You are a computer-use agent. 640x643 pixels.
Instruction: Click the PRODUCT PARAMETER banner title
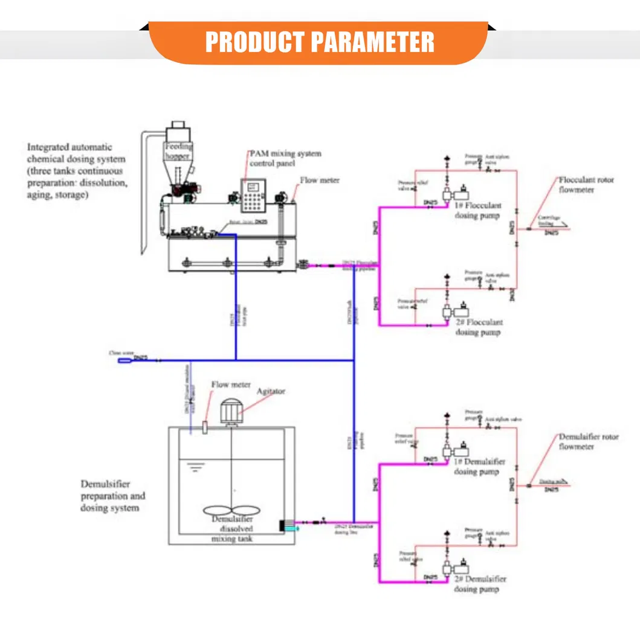pyautogui.click(x=320, y=42)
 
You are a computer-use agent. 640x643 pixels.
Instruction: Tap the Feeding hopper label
pyautogui.click(x=179, y=152)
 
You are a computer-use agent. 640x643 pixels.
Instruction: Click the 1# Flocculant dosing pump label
pyautogui.click(x=478, y=211)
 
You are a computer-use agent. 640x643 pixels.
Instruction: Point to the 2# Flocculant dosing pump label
pyautogui.click(x=478, y=327)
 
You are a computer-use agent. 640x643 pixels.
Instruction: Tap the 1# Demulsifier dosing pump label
pyautogui.click(x=480, y=467)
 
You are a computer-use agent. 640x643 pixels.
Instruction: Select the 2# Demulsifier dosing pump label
pyautogui.click(x=480, y=584)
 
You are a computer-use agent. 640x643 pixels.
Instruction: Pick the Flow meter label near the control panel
pyautogui.click(x=320, y=180)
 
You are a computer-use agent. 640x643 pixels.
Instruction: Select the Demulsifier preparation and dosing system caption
pyautogui.click(x=113, y=496)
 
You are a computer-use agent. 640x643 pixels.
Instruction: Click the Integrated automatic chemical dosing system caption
pyautogui.click(x=77, y=171)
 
